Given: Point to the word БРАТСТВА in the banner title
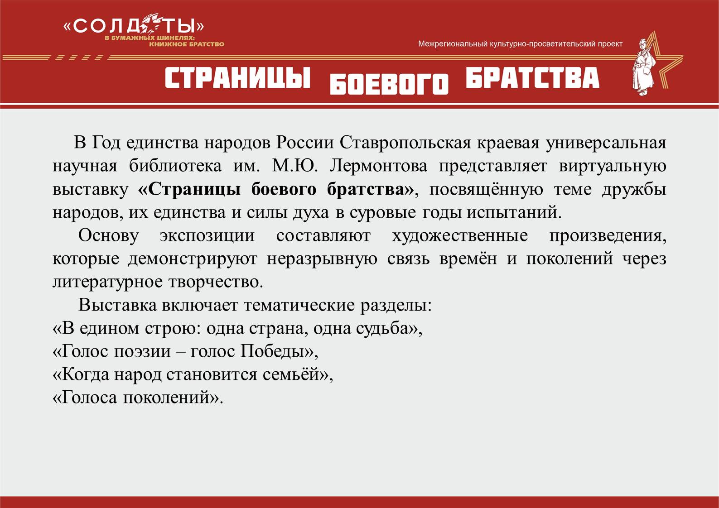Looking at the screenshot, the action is pyautogui.click(x=532, y=77).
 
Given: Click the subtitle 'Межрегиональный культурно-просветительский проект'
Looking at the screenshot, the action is pyautogui.click(x=520, y=44).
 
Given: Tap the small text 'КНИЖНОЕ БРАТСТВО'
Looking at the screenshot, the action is pyautogui.click(x=187, y=44).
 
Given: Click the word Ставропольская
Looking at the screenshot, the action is pyautogui.click(x=405, y=143).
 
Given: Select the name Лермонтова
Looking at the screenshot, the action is pyautogui.click(x=378, y=166).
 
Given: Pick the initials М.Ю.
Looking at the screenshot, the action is pyautogui.click(x=295, y=166).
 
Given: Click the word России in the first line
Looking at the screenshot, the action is pyautogui.click(x=305, y=143).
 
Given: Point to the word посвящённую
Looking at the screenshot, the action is pyautogui.click(x=486, y=190).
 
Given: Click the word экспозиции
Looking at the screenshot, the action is pyautogui.click(x=207, y=236).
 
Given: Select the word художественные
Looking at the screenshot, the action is pyautogui.click(x=460, y=236).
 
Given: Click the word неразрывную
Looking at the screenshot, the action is pyautogui.click(x=322, y=259).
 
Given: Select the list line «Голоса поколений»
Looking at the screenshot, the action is pyautogui.click(x=138, y=398).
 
